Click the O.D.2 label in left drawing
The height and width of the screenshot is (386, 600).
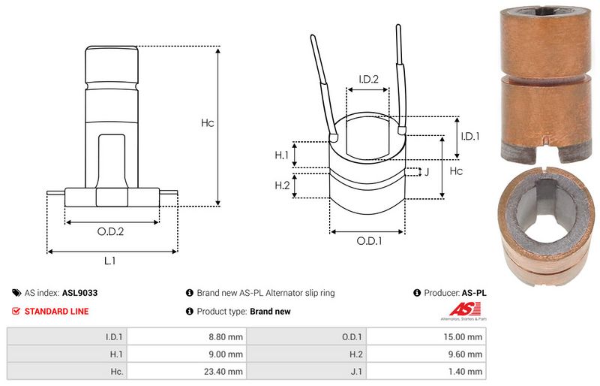(111, 231)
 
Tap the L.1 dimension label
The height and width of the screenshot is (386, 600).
(110, 261)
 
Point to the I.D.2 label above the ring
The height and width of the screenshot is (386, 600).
(368, 79)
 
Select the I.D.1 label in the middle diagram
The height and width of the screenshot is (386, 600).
(470, 137)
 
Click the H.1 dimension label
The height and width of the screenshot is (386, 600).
(282, 155)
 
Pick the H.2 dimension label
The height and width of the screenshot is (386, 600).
(282, 185)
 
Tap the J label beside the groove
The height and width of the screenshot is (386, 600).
(426, 173)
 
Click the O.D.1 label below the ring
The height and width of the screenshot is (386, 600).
(369, 242)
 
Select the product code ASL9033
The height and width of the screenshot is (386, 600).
(79, 293)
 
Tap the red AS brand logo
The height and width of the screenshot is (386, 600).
(459, 309)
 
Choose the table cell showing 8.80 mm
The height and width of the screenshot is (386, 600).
(225, 338)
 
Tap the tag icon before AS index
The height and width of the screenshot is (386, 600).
(16, 293)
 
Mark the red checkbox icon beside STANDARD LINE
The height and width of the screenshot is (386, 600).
(16, 311)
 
